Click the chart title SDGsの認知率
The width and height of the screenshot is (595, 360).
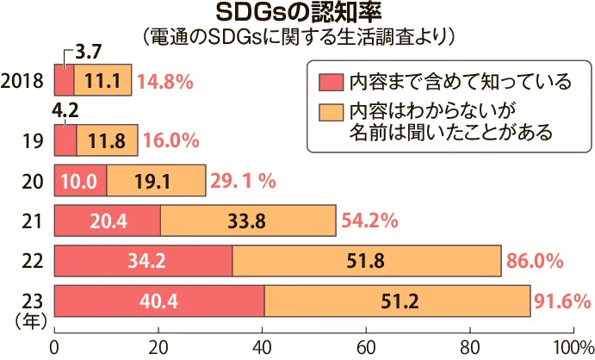[297, 14]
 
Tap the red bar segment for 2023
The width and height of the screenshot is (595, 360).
[159, 301]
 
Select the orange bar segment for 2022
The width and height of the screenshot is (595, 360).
[366, 260]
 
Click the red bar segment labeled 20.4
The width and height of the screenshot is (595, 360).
[108, 220]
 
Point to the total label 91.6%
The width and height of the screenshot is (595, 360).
[562, 301]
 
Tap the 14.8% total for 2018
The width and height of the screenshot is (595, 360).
[164, 82]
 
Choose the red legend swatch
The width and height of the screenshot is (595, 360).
[330, 83]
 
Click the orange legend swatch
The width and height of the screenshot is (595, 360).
[330, 113]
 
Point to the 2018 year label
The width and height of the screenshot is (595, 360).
[24, 82]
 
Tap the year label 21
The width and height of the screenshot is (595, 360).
[32, 220]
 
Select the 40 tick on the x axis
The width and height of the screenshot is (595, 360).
[262, 347]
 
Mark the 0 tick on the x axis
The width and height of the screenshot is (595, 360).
[55, 347]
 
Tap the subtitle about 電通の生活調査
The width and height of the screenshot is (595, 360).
[297, 37]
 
